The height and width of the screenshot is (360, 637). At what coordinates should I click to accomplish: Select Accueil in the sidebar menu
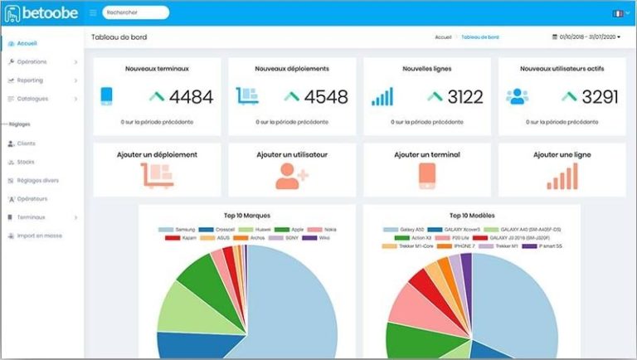(27, 43)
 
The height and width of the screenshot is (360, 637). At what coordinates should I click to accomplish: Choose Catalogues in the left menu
(32, 99)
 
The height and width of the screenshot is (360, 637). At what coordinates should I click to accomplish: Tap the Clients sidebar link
(27, 144)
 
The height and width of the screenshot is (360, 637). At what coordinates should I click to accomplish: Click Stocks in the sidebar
(26, 162)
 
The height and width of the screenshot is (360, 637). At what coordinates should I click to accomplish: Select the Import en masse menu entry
(39, 236)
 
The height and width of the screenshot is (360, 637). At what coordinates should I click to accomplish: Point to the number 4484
(191, 97)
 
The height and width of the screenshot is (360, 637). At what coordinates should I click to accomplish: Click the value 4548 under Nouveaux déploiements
(326, 97)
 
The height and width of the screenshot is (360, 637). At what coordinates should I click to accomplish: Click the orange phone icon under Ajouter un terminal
(426, 175)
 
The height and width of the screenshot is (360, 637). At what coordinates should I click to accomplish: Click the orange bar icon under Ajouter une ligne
(562, 175)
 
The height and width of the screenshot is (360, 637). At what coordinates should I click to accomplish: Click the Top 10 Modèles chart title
(471, 214)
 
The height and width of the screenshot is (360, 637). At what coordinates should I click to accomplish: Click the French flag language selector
(617, 13)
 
